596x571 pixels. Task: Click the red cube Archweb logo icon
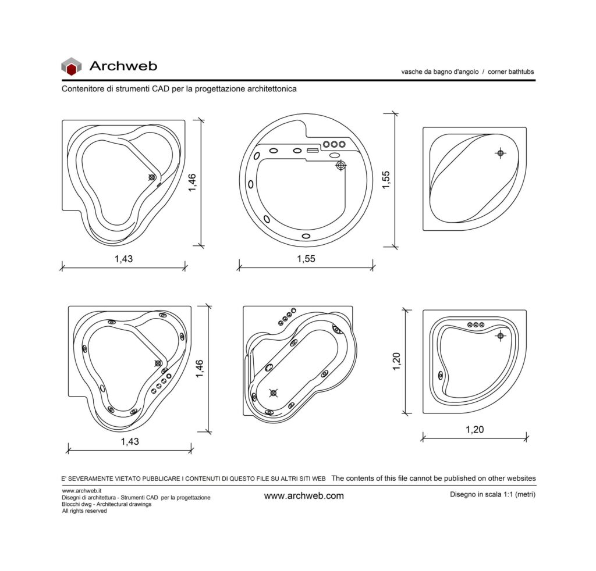72,66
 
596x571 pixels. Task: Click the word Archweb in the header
123,66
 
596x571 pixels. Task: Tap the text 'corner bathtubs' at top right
511,72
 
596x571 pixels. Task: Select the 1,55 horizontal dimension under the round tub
306,259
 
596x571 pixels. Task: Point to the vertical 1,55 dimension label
386,180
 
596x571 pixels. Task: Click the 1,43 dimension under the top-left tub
124,259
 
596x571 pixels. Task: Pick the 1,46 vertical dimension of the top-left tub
192,182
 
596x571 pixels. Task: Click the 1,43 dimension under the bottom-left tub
130,441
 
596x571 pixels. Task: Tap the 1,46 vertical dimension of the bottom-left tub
200,369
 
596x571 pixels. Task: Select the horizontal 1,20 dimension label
475,429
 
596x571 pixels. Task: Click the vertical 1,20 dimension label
396,362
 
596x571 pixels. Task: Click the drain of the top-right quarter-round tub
500,153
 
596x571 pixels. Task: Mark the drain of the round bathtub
341,165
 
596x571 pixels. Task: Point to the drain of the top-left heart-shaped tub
152,177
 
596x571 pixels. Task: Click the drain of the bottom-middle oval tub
274,393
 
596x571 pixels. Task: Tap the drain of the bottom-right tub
500,336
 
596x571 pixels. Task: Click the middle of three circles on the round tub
334,144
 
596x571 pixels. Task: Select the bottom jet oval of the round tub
306,236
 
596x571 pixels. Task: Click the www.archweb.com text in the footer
304,496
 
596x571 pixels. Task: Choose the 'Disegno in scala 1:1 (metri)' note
492,494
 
